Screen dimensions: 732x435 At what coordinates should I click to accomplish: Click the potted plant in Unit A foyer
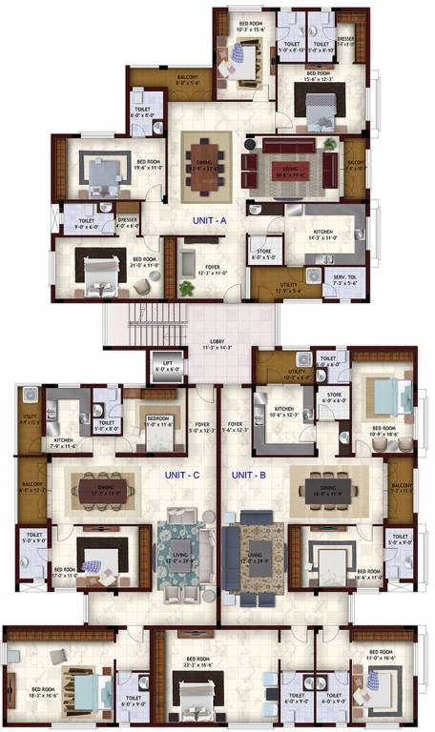(x=185, y=287)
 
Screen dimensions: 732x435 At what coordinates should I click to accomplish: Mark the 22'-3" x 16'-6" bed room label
(x=198, y=661)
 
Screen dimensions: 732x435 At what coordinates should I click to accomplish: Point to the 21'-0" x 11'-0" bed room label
(x=143, y=261)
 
